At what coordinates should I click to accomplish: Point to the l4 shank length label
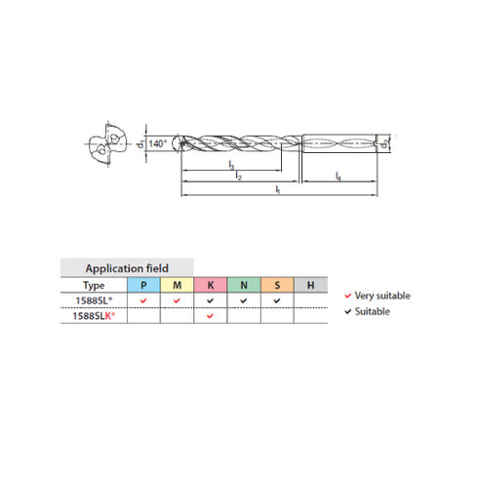click(338, 176)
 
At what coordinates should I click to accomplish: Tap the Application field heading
click(126, 267)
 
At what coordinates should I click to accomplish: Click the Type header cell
click(94, 285)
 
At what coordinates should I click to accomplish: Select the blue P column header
click(144, 285)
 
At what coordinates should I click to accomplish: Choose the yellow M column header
click(178, 285)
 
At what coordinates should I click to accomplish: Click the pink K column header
click(211, 285)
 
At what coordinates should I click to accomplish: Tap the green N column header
click(244, 285)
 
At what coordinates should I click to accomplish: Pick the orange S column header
click(277, 285)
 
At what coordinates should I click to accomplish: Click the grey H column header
click(310, 285)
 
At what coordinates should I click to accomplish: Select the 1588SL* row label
click(94, 301)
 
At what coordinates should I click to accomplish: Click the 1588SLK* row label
click(94, 317)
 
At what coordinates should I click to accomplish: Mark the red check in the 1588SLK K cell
click(211, 318)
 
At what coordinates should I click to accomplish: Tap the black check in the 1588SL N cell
click(244, 301)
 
